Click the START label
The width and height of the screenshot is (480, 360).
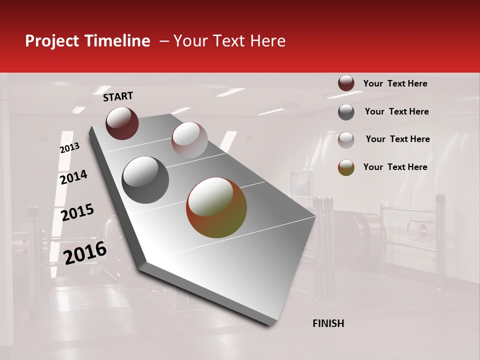[118, 96]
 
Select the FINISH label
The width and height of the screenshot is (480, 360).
[328, 323]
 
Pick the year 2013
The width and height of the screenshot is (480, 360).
[69, 147]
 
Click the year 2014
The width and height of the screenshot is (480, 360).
[73, 177]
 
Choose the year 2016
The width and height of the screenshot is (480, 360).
[85, 252]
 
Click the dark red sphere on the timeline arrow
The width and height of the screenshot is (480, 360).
[122, 123]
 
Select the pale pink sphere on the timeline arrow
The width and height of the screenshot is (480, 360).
[189, 140]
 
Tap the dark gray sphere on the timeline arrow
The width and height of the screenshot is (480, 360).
[145, 180]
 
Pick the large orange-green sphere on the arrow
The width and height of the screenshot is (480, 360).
[216, 207]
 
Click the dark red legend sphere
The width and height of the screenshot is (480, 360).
[346, 83]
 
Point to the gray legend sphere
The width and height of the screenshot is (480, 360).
[346, 112]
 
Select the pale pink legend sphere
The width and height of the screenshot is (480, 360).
[346, 140]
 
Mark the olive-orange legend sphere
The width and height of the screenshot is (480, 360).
[346, 167]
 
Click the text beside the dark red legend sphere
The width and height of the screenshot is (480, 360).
[395, 83]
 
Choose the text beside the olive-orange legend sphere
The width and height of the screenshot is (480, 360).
[395, 167]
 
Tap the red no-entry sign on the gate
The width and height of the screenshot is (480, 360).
[423, 230]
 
